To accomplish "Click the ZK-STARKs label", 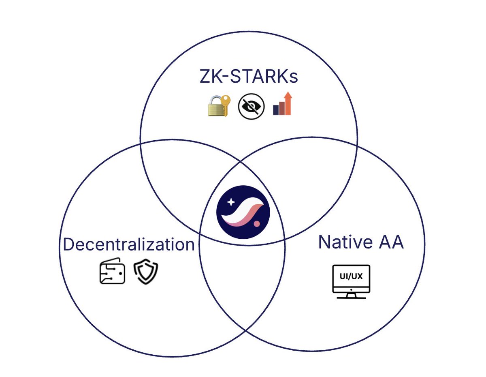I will click(x=249, y=77).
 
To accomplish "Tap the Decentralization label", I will click(x=129, y=244).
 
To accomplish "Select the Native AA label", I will click(x=360, y=242).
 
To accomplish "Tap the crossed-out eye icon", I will click(x=251, y=106).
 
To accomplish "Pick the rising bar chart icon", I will click(x=282, y=104).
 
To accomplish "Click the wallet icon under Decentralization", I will click(x=112, y=271).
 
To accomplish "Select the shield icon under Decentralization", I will click(x=146, y=272).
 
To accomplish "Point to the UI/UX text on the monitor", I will click(x=351, y=277).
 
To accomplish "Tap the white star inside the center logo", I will click(x=230, y=201).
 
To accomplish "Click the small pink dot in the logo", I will click(x=256, y=223).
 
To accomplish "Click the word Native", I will click(x=343, y=242).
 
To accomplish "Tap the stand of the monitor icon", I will click(x=351, y=296).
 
